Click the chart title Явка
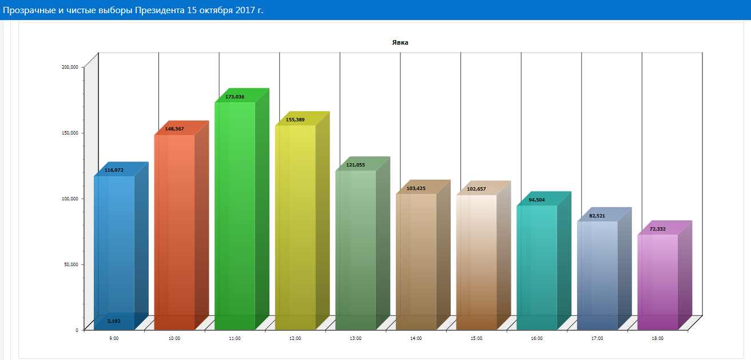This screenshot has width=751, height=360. click(400, 42)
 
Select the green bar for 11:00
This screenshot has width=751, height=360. click(235, 217)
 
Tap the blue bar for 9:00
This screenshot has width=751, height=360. click(114, 246)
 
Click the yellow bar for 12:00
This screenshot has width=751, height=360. click(295, 229)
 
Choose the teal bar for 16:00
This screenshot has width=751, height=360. click(537, 269)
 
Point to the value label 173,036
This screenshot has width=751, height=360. click(235, 97)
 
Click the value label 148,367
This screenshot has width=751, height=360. click(174, 129)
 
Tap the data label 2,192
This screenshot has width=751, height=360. click(114, 321)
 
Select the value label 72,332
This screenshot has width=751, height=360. click(657, 229)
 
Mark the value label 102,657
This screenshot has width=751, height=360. click(476, 189)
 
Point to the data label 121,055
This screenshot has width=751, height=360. click(355, 165)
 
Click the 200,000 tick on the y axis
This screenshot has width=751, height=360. click(69, 67)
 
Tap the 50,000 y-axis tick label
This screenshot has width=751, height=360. click(70, 264)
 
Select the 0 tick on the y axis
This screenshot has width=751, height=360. click(76, 330)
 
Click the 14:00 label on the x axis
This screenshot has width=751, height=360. click(416, 339)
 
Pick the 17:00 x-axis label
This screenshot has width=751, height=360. click(597, 339)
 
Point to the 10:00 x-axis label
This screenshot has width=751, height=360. click(174, 339)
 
